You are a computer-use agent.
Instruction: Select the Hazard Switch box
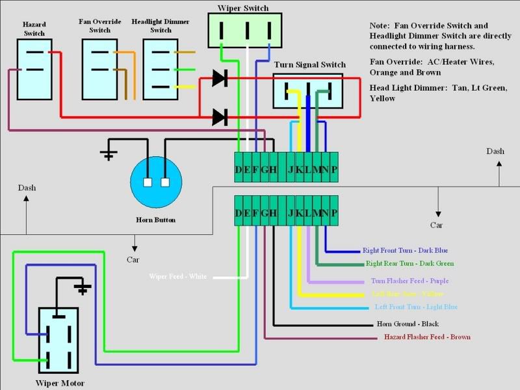(x=34, y=69)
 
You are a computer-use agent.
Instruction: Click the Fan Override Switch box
(x=99, y=69)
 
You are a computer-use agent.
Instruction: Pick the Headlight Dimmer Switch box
(x=159, y=69)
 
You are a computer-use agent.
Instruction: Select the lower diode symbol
(x=220, y=118)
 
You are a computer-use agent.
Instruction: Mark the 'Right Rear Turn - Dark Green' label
(x=409, y=264)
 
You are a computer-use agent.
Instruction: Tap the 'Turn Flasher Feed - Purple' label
(x=409, y=281)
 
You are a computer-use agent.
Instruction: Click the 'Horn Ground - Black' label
(x=408, y=324)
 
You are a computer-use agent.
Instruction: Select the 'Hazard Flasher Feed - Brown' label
(x=427, y=337)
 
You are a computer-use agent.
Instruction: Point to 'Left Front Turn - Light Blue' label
(x=416, y=307)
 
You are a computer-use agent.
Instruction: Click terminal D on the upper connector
(x=239, y=170)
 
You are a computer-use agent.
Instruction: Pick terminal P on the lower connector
(x=334, y=213)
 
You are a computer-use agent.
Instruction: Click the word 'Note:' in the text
(x=380, y=25)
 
